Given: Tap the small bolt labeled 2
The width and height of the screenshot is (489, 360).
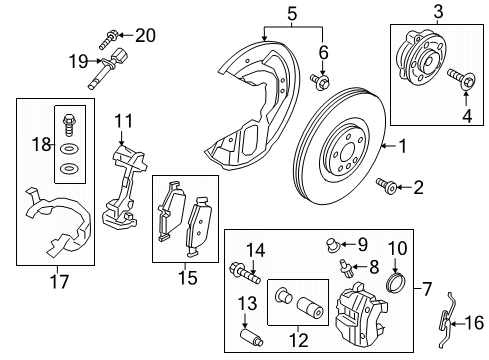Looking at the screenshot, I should [384, 185].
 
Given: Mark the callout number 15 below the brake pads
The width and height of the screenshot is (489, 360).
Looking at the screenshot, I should [185, 276].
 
